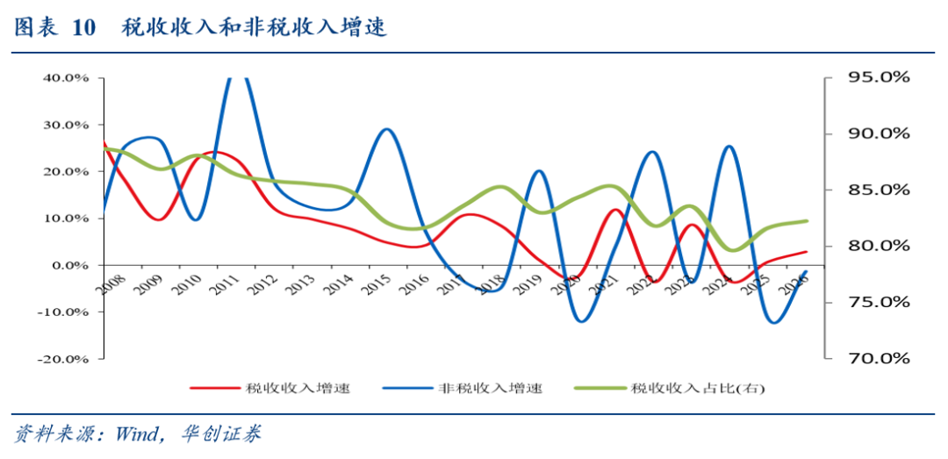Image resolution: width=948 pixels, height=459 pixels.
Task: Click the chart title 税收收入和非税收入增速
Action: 254,28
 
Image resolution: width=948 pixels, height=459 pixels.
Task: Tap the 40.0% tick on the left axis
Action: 66,77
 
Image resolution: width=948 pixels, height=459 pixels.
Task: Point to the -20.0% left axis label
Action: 63,358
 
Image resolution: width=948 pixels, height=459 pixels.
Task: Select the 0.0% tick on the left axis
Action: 70,265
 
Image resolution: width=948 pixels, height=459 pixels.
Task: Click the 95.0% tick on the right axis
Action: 878,77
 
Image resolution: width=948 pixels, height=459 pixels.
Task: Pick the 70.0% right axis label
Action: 878,358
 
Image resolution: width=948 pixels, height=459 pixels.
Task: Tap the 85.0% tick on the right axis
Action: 878,190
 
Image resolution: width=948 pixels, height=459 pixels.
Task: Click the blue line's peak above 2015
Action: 387,130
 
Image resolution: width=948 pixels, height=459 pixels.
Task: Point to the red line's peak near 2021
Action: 615,210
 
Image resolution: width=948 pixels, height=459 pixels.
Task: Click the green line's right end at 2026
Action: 807,221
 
